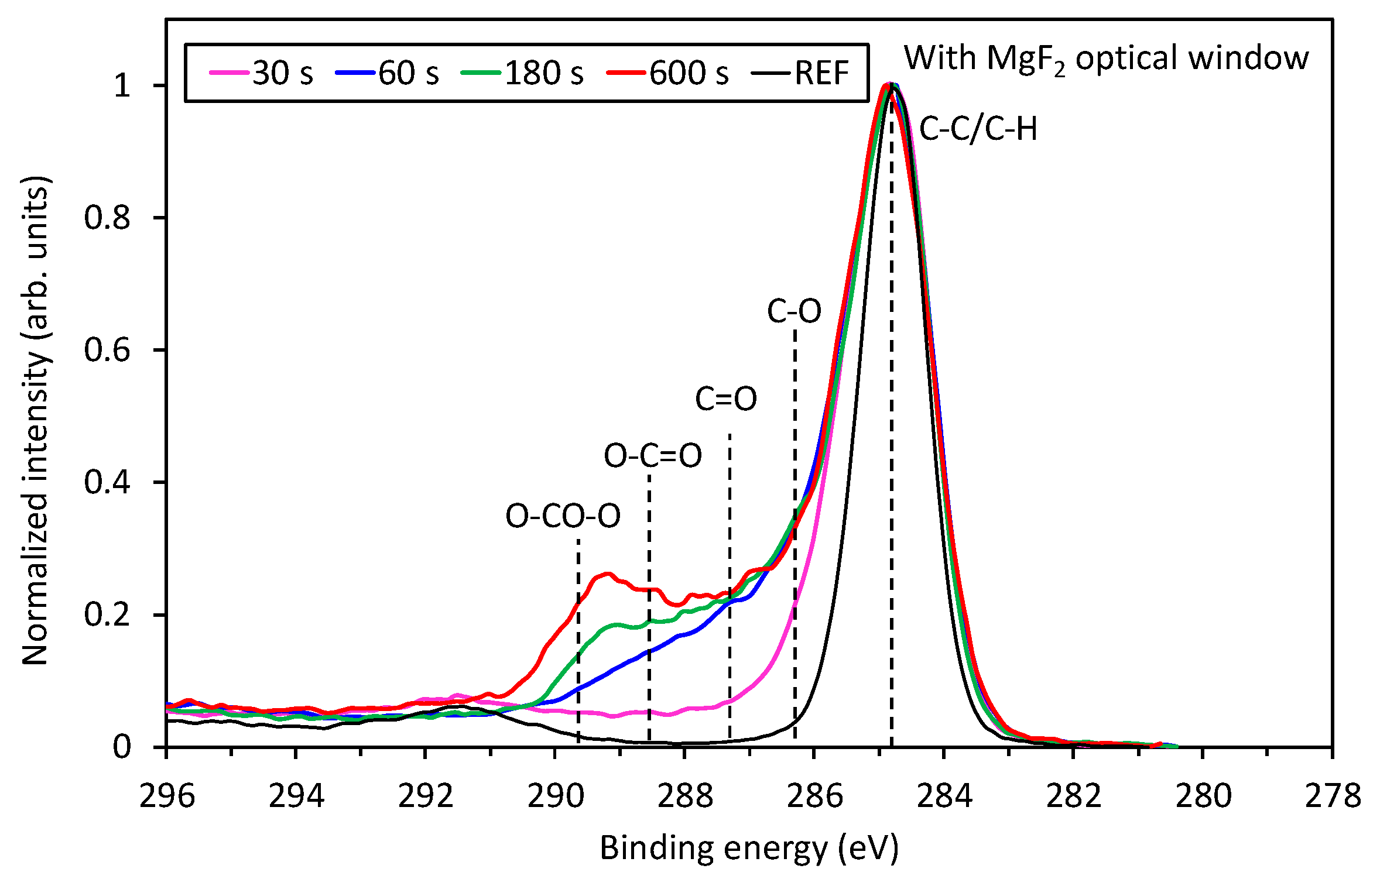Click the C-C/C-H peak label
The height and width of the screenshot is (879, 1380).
click(977, 129)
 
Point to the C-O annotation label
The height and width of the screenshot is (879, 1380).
click(794, 311)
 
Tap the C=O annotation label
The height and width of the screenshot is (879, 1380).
click(725, 399)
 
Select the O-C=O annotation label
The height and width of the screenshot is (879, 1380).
click(652, 455)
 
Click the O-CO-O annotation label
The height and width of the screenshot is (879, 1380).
click(562, 516)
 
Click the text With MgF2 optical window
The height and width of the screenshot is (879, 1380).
click(1105, 59)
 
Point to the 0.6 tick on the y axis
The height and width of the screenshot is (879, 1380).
click(107, 350)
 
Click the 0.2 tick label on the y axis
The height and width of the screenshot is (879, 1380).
click(107, 615)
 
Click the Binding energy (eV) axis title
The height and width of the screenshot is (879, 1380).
click(749, 848)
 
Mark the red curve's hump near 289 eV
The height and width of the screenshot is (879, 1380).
click(607, 575)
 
